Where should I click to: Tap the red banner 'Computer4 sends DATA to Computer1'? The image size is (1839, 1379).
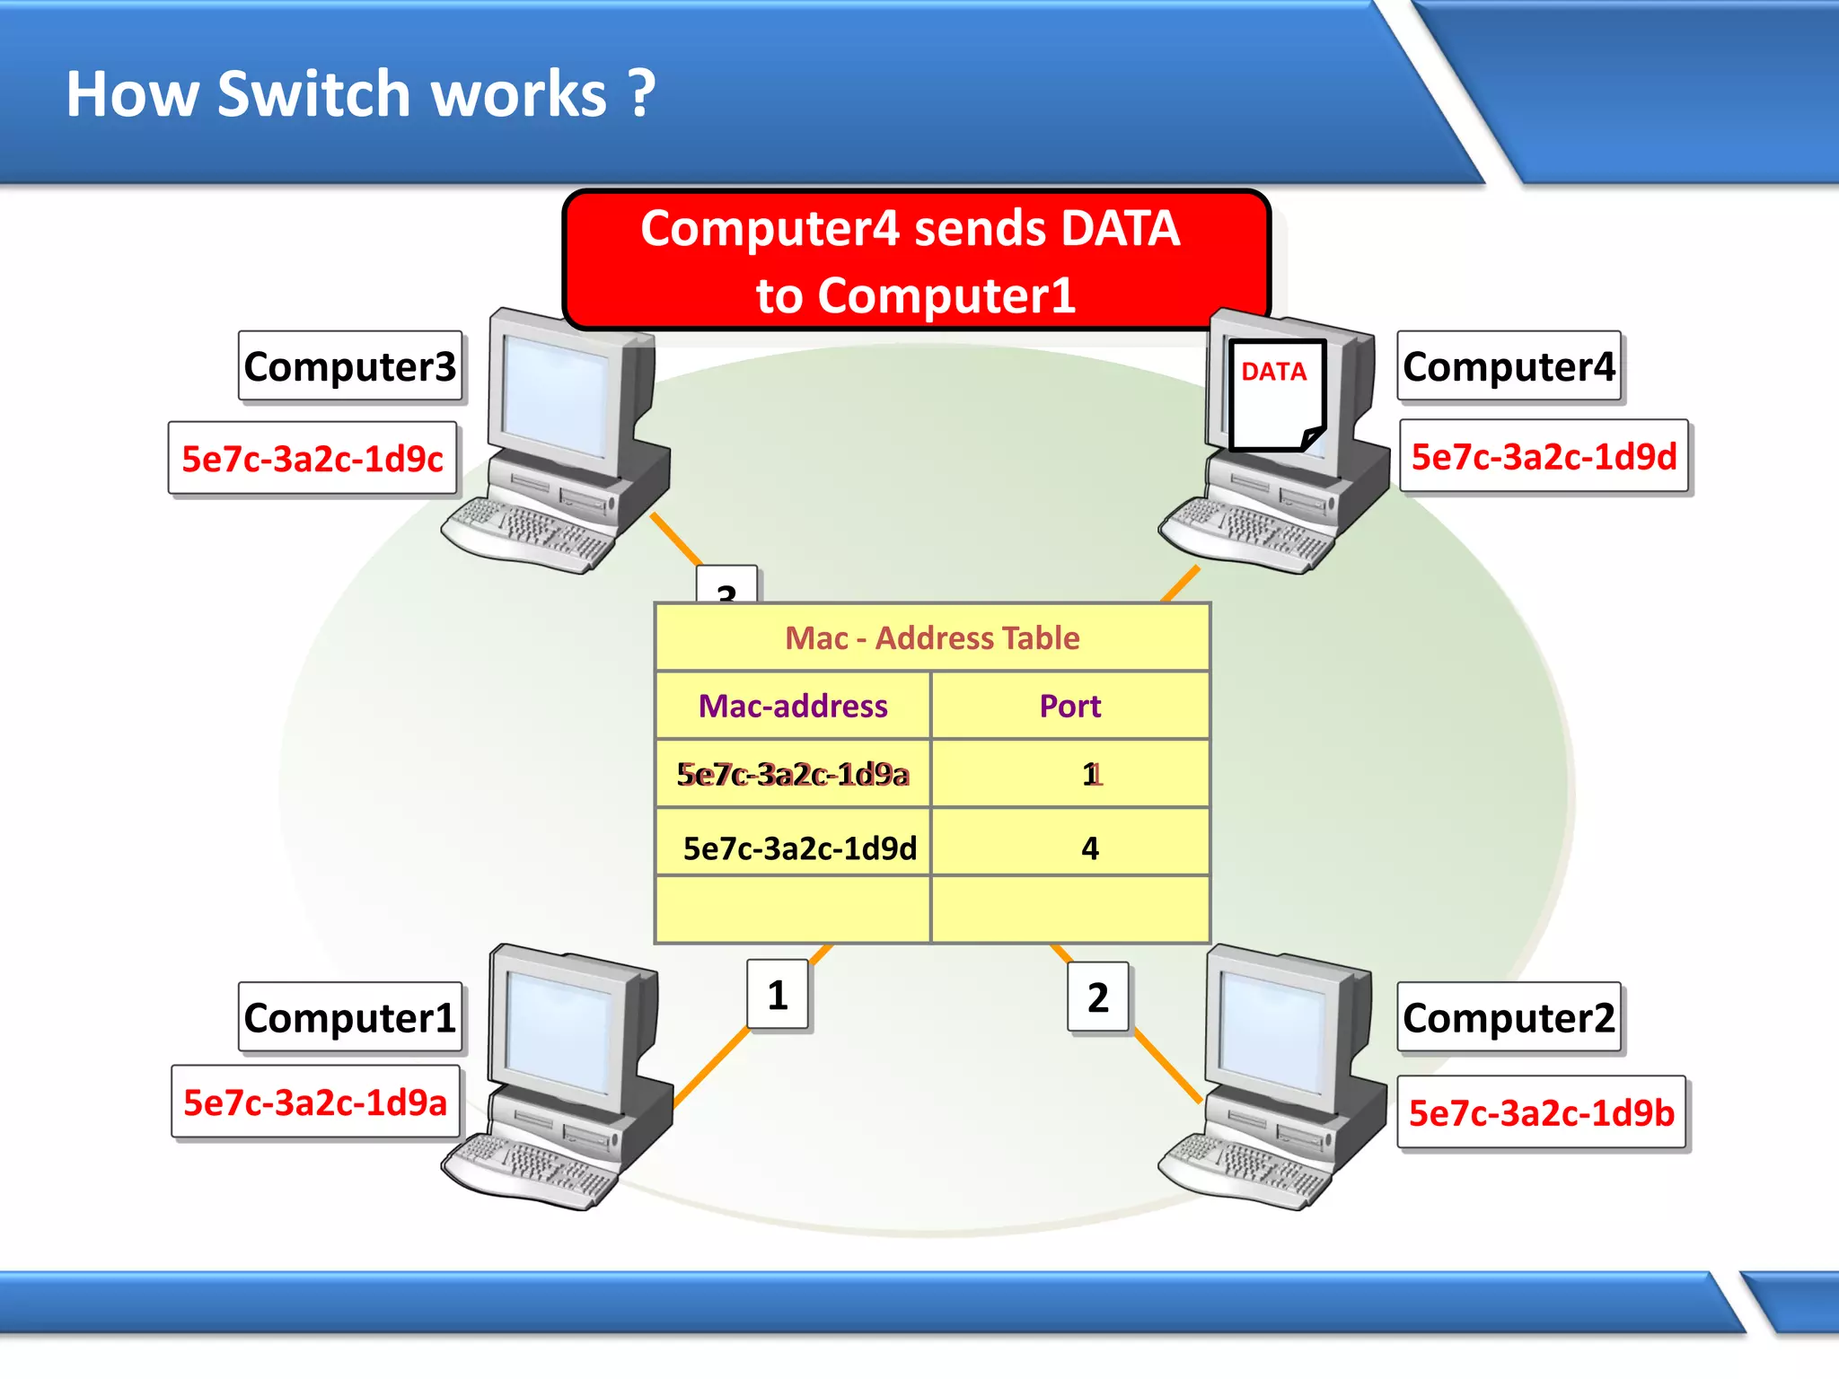coord(914,260)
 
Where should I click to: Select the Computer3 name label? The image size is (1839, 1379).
coord(350,366)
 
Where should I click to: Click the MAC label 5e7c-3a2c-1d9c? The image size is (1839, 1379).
coord(312,459)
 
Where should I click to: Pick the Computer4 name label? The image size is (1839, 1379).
coord(1509,366)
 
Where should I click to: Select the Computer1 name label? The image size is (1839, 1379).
coord(350,1017)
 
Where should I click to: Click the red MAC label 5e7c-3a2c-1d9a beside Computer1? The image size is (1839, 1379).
coord(315,1102)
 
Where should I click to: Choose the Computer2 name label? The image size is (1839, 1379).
coord(1509,1017)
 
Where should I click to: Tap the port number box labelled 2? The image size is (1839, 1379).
coord(1097,997)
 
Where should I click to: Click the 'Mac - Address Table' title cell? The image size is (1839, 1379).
coord(932,637)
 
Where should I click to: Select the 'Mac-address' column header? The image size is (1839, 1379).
coord(793,706)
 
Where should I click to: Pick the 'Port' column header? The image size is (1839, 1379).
coord(1069,706)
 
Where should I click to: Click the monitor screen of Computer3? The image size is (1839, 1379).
coord(556,395)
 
